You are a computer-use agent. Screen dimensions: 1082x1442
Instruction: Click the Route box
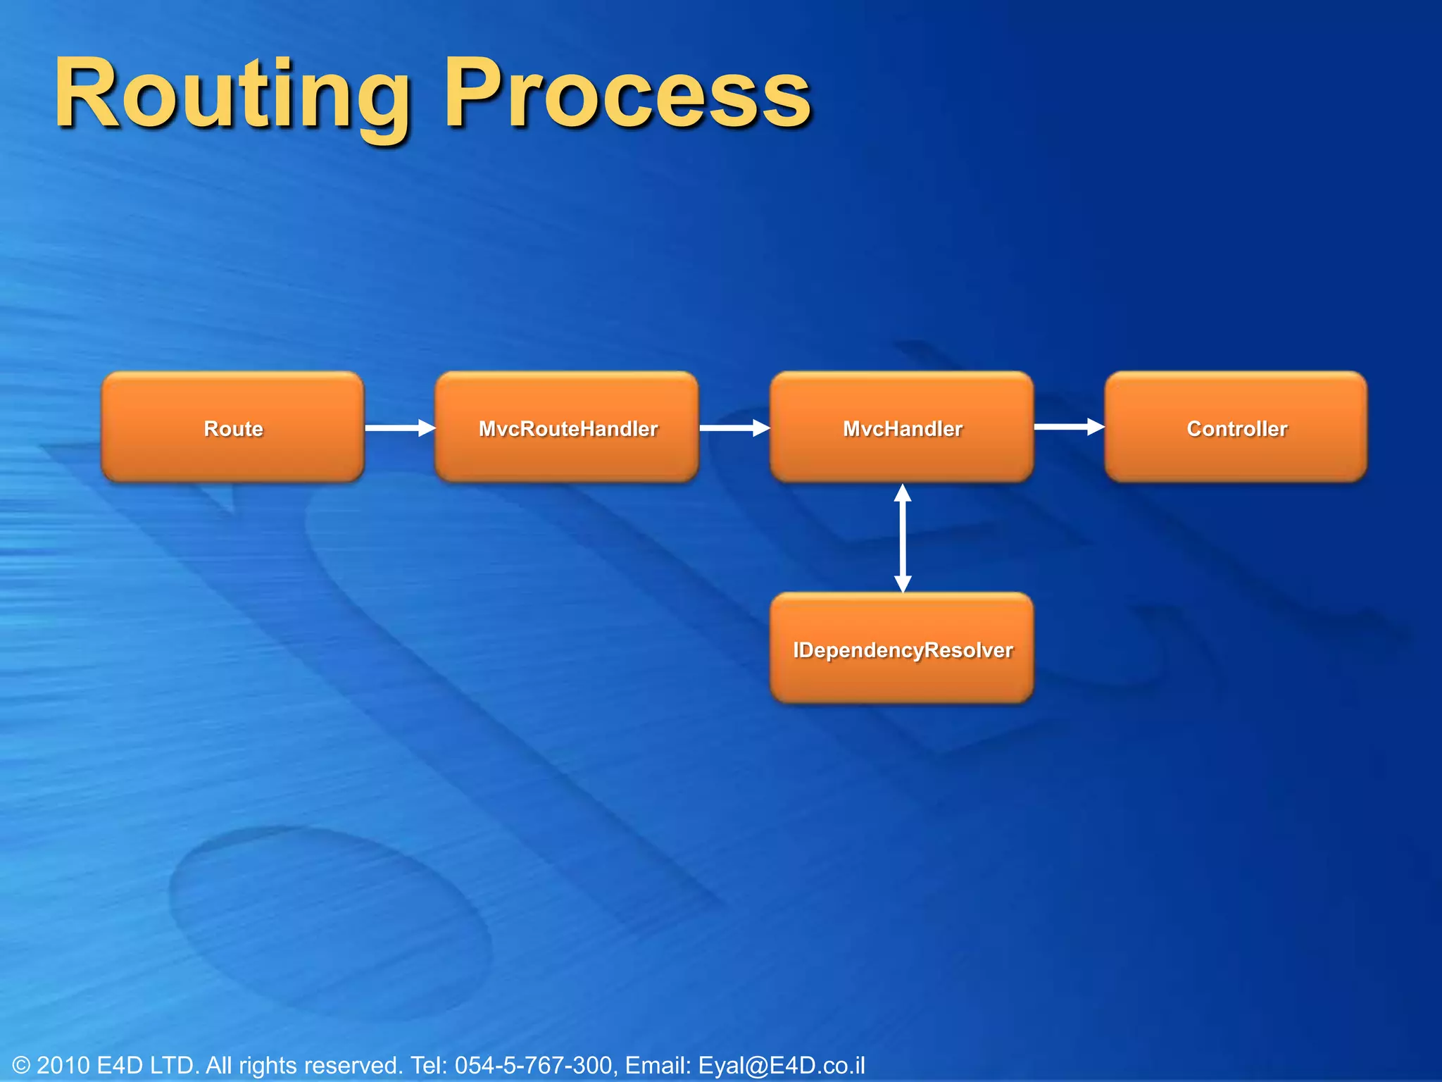[x=233, y=428]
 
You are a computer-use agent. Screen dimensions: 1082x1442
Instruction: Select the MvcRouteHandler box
[x=567, y=428]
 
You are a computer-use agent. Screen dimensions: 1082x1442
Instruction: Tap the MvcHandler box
[x=902, y=428]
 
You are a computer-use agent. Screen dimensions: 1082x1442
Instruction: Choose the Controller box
[x=1236, y=428]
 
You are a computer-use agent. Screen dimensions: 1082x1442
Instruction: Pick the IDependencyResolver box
[x=902, y=649]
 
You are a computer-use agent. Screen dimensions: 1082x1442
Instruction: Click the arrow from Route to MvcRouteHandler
[x=399, y=428]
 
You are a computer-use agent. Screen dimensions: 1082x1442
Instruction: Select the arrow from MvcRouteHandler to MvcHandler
[x=734, y=428]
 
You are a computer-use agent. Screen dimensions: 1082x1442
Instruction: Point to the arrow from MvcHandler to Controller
[x=1068, y=426]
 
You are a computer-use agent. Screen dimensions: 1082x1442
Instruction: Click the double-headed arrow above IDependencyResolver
[x=903, y=538]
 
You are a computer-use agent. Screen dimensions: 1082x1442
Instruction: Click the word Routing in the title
[x=232, y=95]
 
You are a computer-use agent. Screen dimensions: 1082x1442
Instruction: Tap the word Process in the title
[x=627, y=95]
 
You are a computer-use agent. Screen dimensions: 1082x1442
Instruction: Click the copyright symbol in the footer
[x=22, y=1065]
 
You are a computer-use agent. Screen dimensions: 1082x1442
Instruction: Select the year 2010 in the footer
[x=63, y=1065]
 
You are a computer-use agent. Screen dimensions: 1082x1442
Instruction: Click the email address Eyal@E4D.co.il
[x=782, y=1065]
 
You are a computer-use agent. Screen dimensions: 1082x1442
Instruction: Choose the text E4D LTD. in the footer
[x=149, y=1065]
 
